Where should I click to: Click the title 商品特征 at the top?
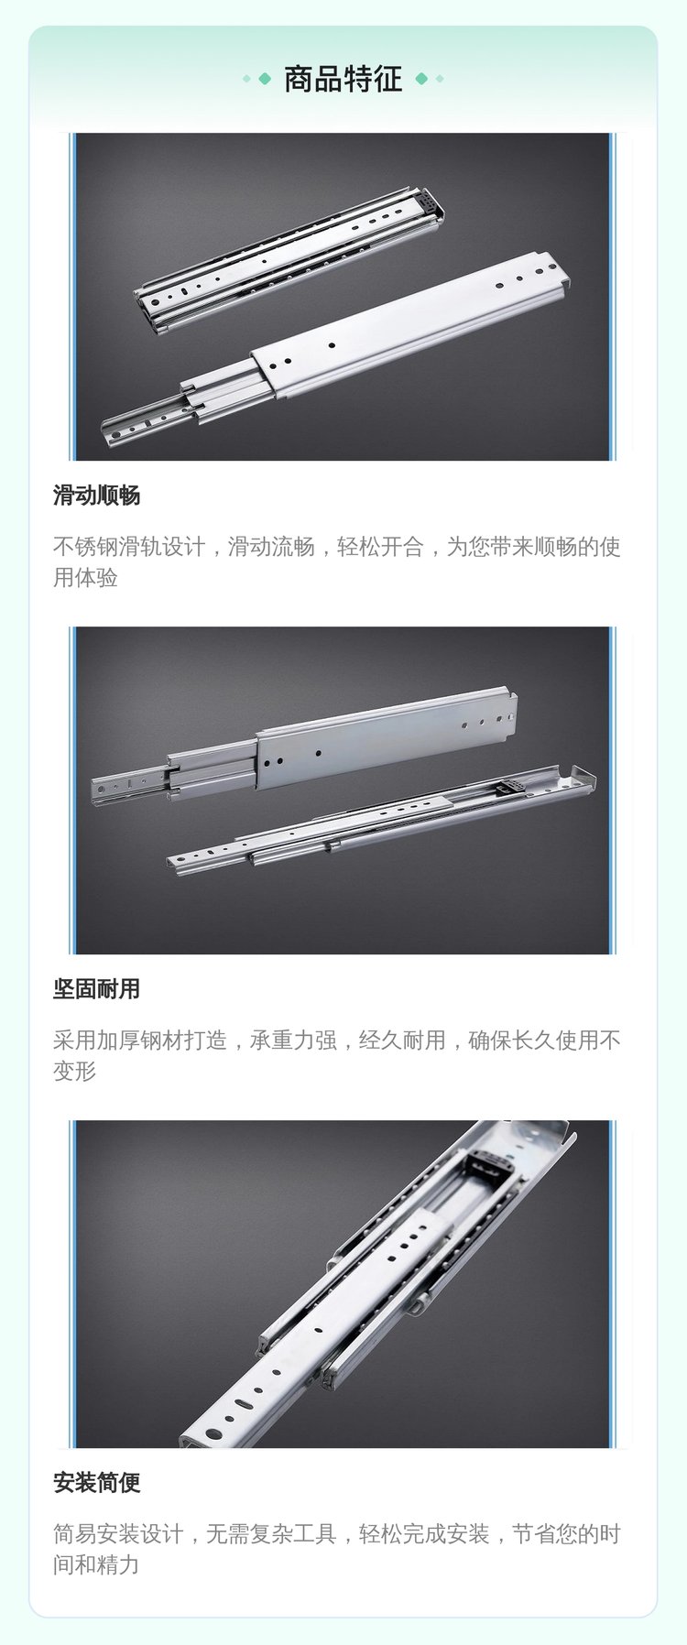(x=343, y=79)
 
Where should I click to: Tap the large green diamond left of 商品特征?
(x=265, y=79)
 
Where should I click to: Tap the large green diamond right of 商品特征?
(x=421, y=79)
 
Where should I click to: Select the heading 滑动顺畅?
(x=96, y=496)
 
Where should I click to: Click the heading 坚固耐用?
(x=96, y=989)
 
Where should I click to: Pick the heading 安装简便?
(x=96, y=1483)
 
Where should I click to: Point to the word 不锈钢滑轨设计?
(x=129, y=547)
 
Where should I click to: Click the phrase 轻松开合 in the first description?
(x=380, y=547)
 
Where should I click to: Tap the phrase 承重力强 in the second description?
(x=293, y=1040)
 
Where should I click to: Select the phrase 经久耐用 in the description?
(x=402, y=1040)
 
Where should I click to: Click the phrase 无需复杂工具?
(x=271, y=1534)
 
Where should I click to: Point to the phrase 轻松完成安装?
(x=424, y=1534)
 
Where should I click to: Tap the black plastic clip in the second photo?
(x=507, y=786)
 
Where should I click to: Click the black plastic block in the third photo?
(x=491, y=1167)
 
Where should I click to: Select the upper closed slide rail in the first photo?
(x=289, y=259)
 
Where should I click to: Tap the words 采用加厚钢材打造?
(x=140, y=1040)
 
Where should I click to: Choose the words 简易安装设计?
(x=118, y=1534)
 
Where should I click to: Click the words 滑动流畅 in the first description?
(x=271, y=547)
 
